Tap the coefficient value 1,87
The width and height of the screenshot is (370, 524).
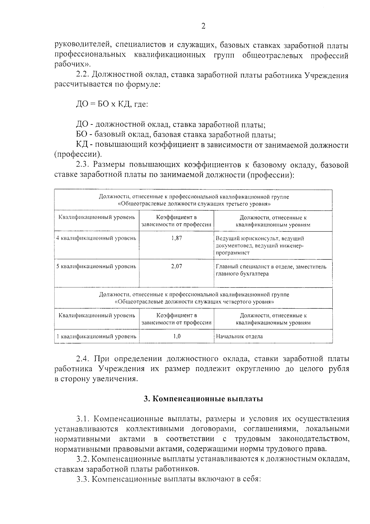pyautogui.click(x=176, y=238)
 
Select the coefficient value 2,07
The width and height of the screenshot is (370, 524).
pyautogui.click(x=176, y=266)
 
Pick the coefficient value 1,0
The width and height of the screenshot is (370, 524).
pyautogui.click(x=177, y=336)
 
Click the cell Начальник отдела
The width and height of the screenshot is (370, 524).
pyautogui.click(x=239, y=336)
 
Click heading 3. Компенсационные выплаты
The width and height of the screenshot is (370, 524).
pyautogui.click(x=203, y=399)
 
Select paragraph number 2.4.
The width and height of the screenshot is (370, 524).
pyautogui.click(x=83, y=359)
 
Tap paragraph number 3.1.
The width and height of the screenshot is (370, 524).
pyautogui.click(x=83, y=419)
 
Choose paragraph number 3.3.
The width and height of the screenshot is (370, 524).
pyautogui.click(x=83, y=479)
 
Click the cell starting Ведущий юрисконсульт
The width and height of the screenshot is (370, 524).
pyautogui.click(x=260, y=246)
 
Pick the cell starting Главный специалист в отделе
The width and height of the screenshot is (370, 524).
pyautogui.click(x=271, y=270)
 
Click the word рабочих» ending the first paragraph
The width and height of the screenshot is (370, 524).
pyautogui.click(x=73, y=65)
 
